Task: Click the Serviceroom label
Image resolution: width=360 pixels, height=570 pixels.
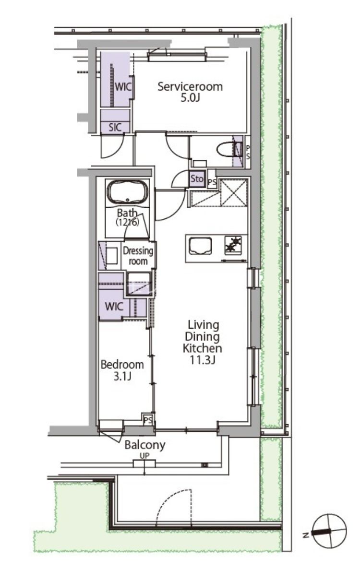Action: [x=190, y=86]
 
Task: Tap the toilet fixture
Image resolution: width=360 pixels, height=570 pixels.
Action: [x=229, y=149]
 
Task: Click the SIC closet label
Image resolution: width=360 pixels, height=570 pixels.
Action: [x=115, y=127]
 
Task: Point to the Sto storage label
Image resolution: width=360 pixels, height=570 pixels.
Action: [x=197, y=178]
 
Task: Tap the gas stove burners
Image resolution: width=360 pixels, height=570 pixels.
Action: [x=233, y=244]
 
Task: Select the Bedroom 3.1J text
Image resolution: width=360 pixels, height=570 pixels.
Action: [x=122, y=370]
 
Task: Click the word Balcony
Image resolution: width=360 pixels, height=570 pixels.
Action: [x=145, y=445]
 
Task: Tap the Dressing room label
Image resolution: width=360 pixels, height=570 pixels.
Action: [x=138, y=256]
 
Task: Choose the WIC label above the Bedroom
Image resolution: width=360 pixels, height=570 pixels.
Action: [x=114, y=307]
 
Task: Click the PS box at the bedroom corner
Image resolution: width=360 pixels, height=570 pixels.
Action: [x=148, y=420]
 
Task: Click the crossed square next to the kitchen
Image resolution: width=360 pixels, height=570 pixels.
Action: [x=234, y=193]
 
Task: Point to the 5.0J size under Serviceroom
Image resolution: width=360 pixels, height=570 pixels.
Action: [x=190, y=98]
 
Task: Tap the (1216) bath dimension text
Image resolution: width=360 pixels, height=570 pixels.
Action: [x=128, y=222]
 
